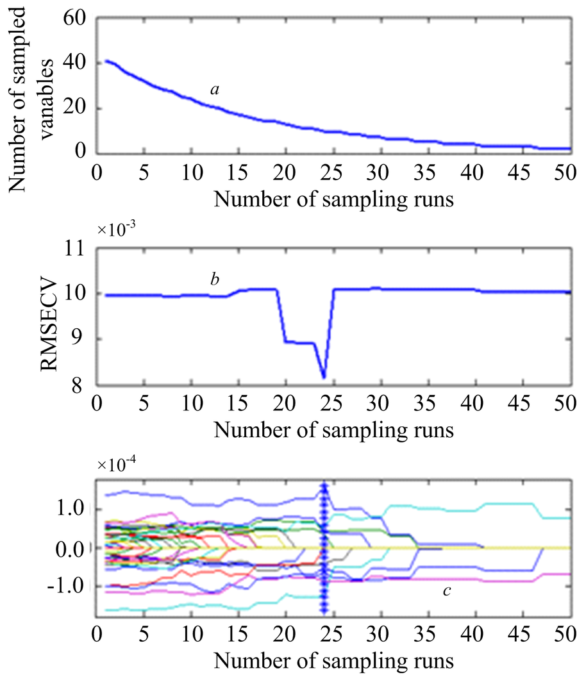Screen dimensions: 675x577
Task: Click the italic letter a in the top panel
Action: (x=215, y=90)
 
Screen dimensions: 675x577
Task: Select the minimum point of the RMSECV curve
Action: (x=324, y=377)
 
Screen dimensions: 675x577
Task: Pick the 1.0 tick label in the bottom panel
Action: (x=72, y=510)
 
